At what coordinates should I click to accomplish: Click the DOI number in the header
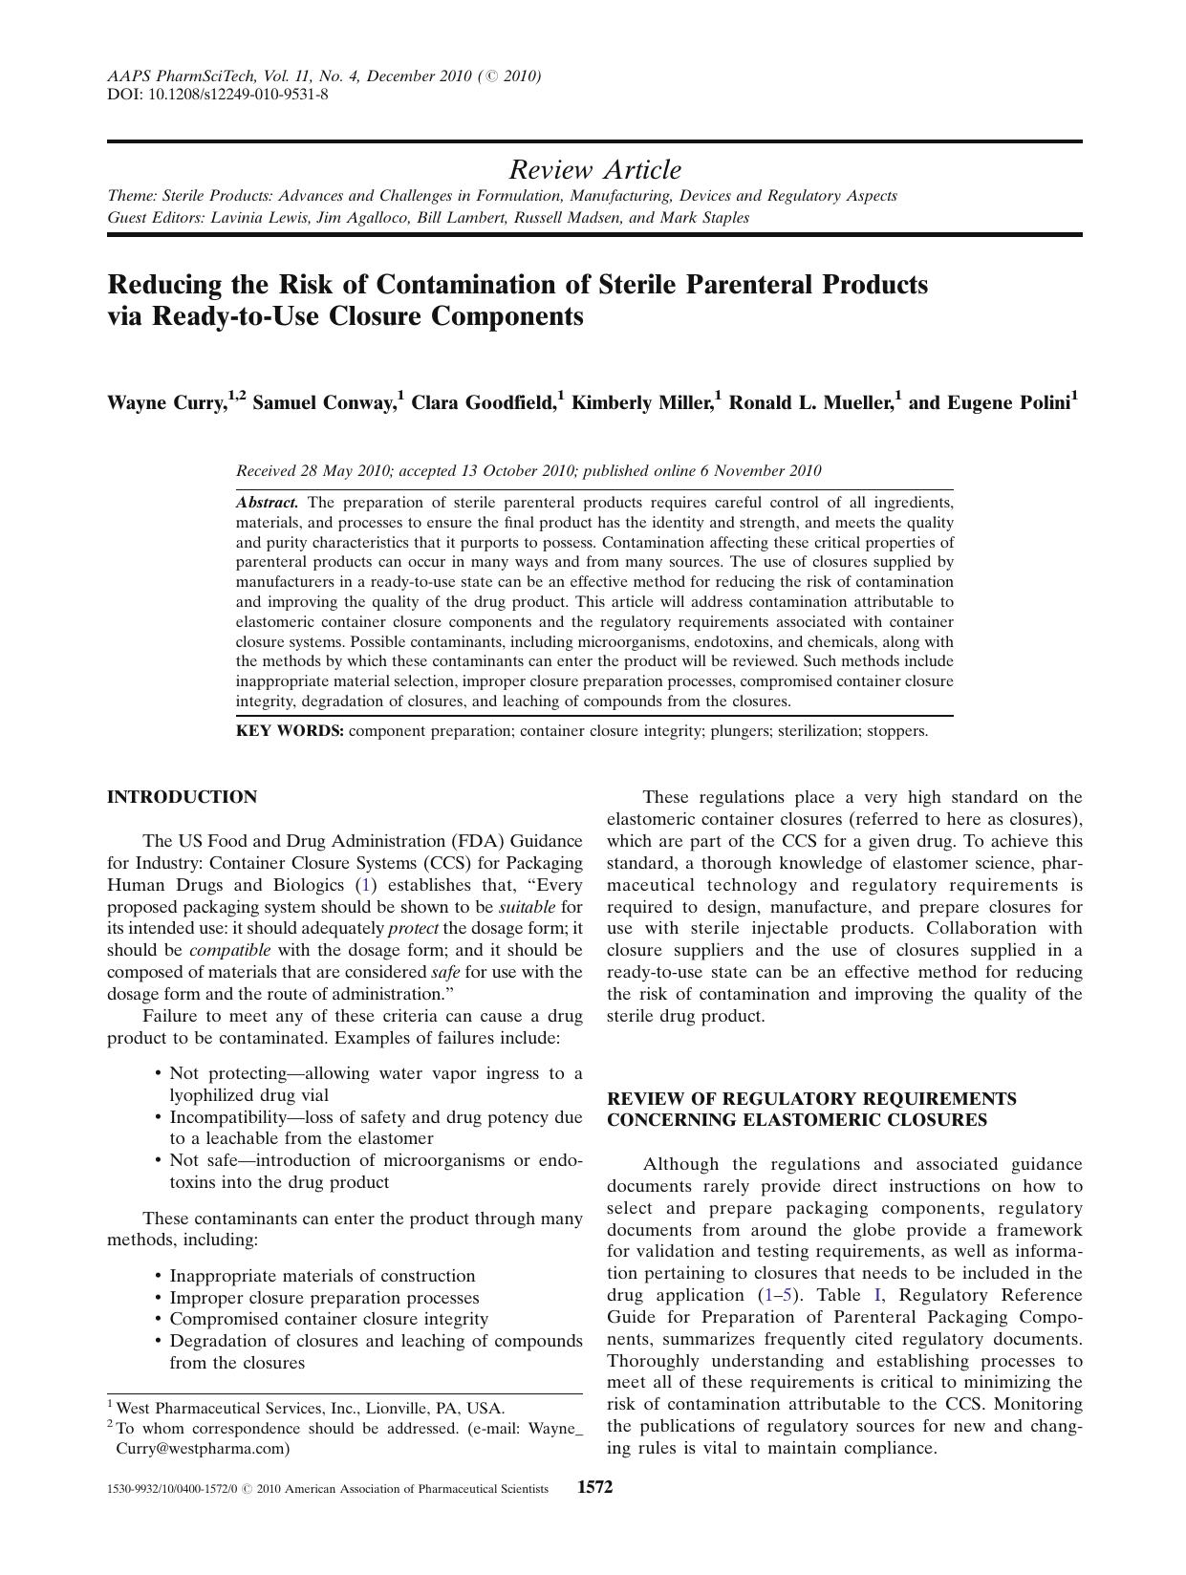[239, 95]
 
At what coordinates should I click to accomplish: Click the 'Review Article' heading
[594, 170]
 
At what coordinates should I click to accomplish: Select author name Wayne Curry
[165, 402]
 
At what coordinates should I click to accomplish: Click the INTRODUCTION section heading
[182, 797]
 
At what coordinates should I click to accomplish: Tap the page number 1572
[594, 1487]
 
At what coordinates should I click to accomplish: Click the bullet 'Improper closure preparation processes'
[324, 1298]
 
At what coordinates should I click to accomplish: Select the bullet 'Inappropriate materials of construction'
[322, 1276]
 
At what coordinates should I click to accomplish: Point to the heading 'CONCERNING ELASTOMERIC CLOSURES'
[797, 1120]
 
